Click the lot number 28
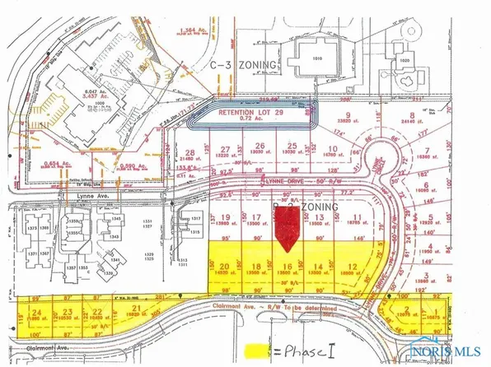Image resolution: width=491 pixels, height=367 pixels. tap(191, 152)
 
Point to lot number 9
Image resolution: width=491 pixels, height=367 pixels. tap(348, 115)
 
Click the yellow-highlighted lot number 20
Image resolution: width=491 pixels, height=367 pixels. tap(223, 266)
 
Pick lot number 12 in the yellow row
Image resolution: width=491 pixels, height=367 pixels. tap(352, 266)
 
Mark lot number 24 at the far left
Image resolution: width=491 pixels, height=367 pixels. tap(36, 313)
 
